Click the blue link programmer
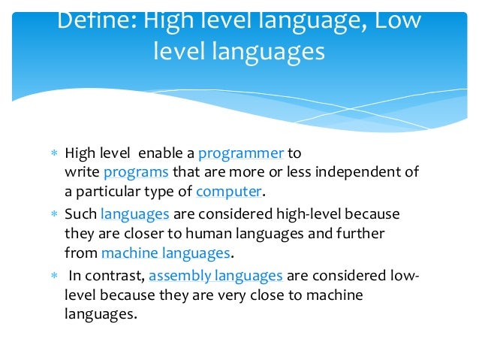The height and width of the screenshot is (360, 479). coord(240,153)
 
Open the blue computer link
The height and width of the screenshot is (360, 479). coord(229,191)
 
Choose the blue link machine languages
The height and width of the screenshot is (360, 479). coord(164,253)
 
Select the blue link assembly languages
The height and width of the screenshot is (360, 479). coord(215,276)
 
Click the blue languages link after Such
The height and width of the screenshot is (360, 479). coord(135,214)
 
